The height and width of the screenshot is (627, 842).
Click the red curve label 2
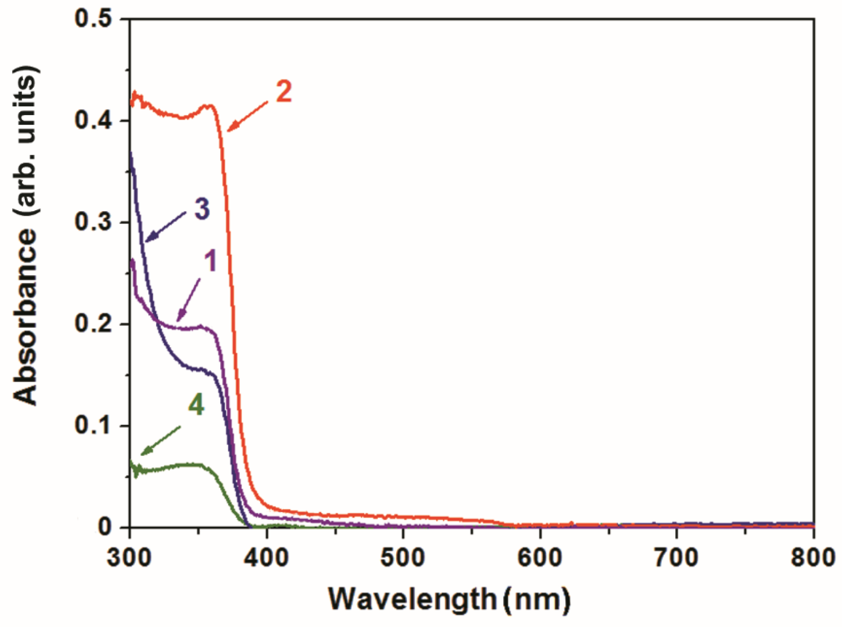tap(284, 92)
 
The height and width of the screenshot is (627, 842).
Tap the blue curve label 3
tap(202, 210)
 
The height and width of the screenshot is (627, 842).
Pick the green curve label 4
tap(196, 405)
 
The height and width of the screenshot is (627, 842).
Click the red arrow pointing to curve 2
tap(247, 116)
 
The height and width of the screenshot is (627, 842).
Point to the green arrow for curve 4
tap(160, 440)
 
